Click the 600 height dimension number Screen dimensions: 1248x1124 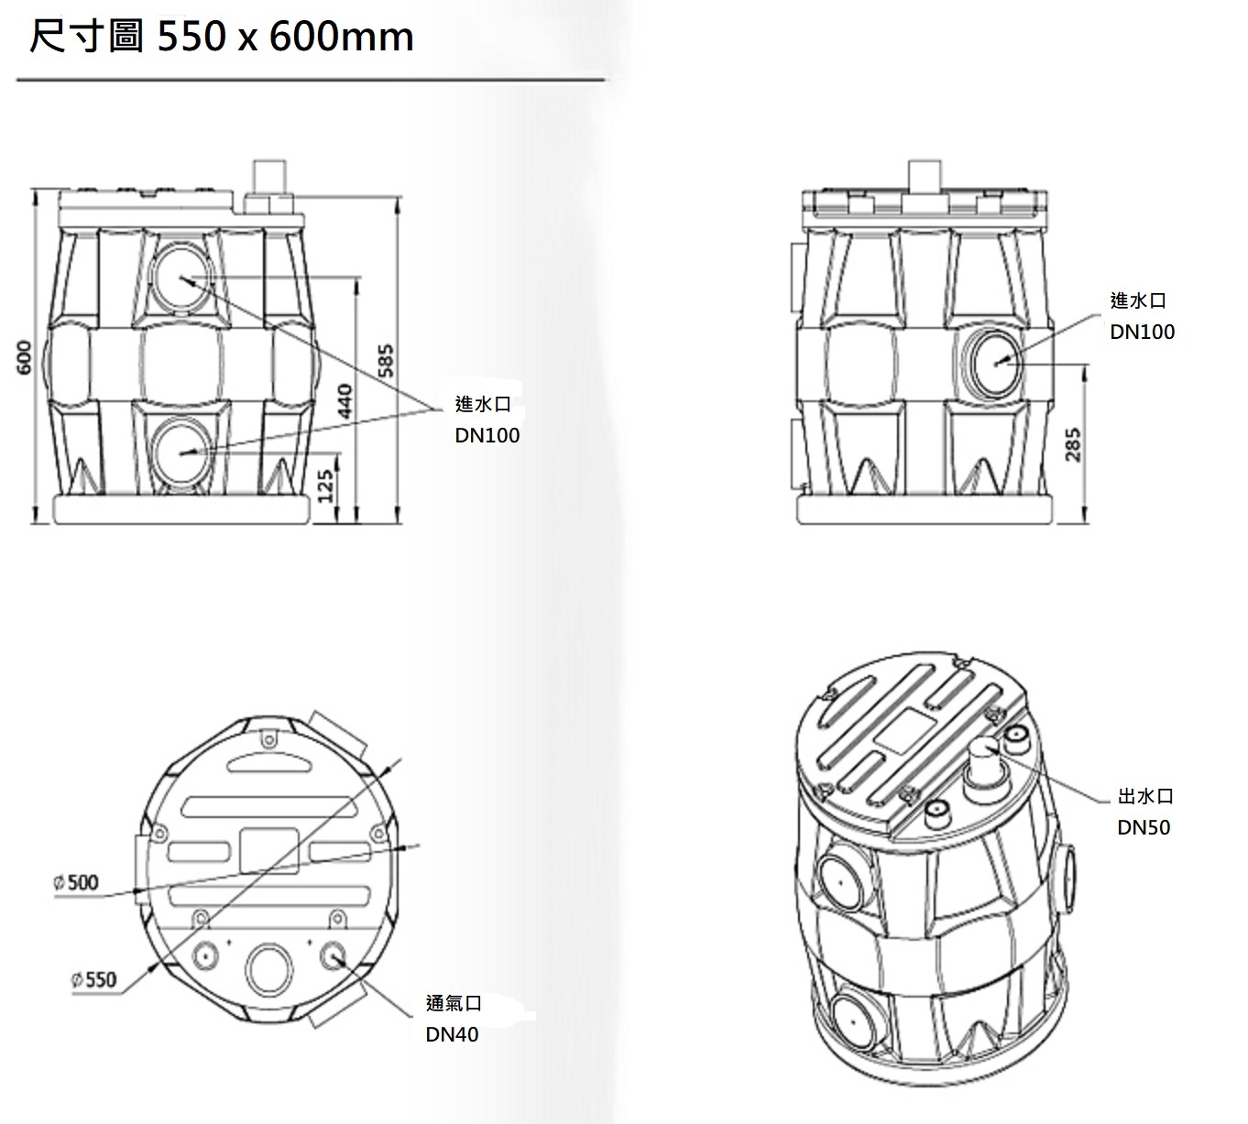pyautogui.click(x=24, y=357)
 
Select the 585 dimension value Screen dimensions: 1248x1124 pyautogui.click(x=387, y=361)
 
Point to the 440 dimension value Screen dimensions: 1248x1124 pyautogui.click(x=345, y=401)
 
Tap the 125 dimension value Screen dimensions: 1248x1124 pyautogui.click(x=325, y=486)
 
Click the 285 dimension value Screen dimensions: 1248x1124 pyautogui.click(x=1073, y=444)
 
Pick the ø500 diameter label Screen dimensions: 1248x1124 pyautogui.click(x=76, y=882)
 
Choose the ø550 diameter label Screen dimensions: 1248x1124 pyautogui.click(x=94, y=979)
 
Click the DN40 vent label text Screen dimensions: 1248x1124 pyautogui.click(x=453, y=1034)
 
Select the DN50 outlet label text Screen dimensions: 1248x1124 pyautogui.click(x=1144, y=827)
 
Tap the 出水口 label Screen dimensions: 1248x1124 pyautogui.click(x=1145, y=796)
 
